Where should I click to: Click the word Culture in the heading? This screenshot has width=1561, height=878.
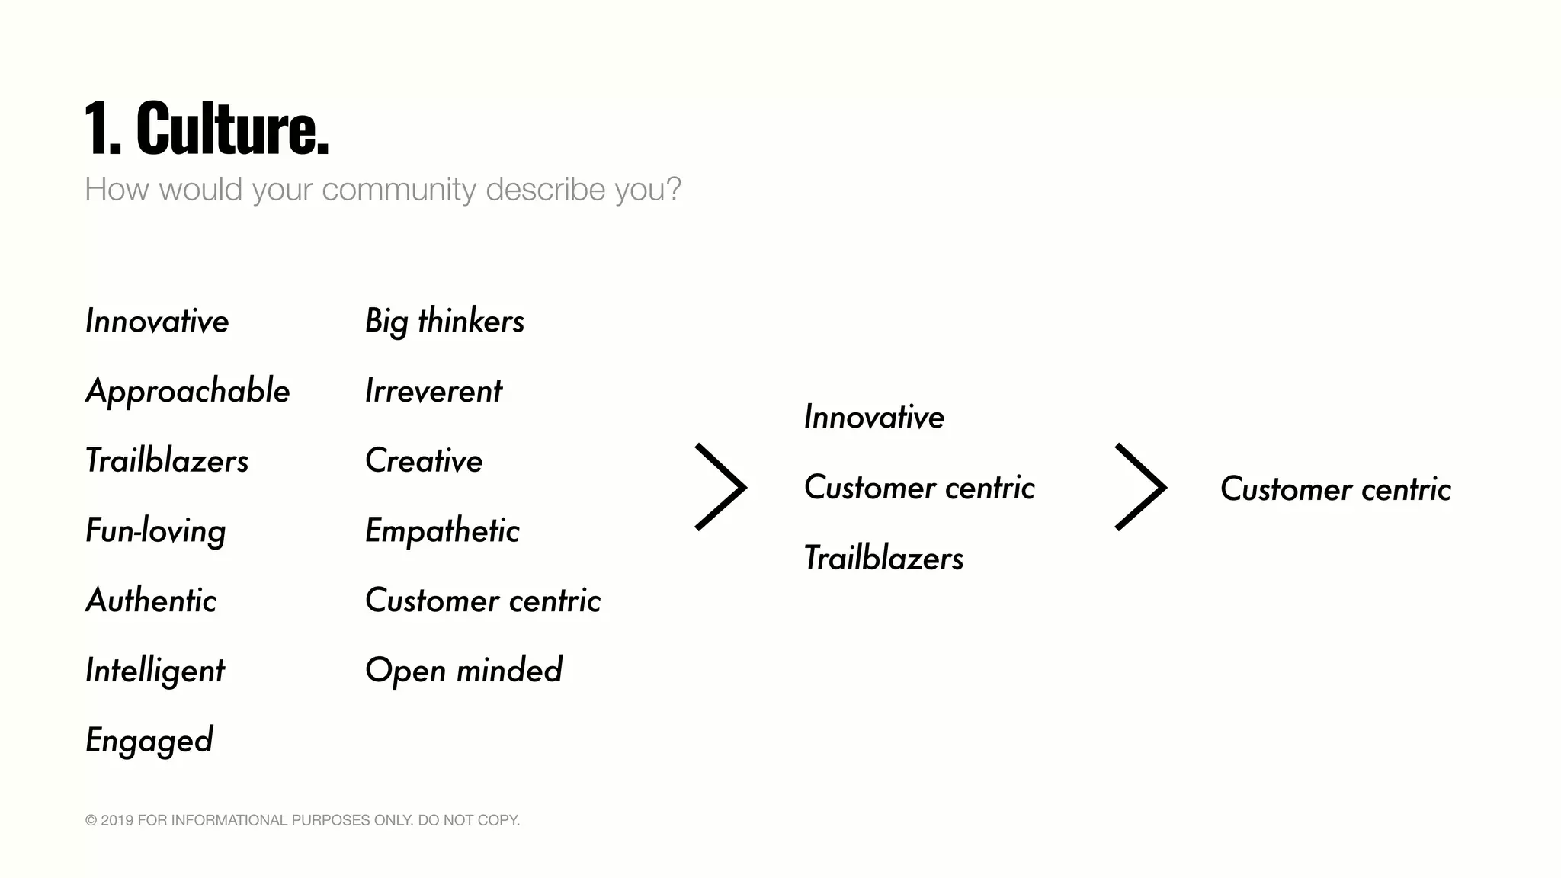coord(232,129)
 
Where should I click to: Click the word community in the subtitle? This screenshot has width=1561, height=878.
coord(399,190)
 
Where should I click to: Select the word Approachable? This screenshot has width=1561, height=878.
coord(188,392)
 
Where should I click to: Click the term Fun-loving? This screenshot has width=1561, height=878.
coord(155,531)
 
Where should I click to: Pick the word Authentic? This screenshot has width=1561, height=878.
coord(151,601)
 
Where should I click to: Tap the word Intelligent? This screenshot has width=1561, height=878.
coord(155,671)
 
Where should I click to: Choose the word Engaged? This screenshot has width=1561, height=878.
coord(149,741)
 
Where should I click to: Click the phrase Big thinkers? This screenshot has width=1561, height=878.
coord(444,322)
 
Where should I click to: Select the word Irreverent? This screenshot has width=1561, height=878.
coord(433,392)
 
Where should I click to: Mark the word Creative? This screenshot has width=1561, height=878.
coord(424,461)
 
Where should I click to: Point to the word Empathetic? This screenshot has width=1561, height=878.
coord(442,531)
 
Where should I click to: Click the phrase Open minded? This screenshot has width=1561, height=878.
coord(463,671)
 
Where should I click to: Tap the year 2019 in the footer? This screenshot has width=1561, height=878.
coord(117,821)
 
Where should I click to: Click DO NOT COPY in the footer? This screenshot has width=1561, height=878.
coord(469,821)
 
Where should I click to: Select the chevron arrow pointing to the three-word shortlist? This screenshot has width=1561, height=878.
coord(721,487)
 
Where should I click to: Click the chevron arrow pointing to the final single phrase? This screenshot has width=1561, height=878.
coord(1140,487)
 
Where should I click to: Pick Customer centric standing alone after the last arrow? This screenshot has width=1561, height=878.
coord(1335,489)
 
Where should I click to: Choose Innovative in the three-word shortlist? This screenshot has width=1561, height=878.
coord(874,418)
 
